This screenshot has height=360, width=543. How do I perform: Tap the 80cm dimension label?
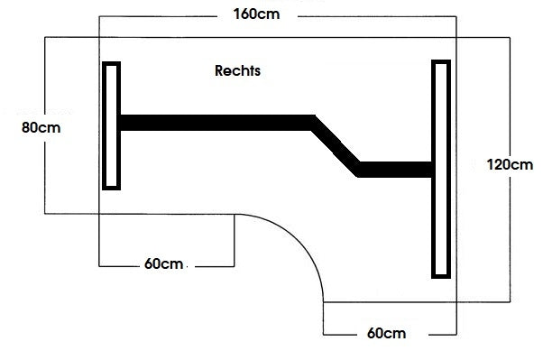tap(41, 127)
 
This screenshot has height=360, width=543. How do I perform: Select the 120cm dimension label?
tap(509, 164)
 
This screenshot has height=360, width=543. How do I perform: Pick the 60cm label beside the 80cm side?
tap(165, 264)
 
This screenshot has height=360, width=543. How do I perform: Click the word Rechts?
tap(238, 69)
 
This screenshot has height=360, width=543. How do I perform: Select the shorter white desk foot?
tap(112, 125)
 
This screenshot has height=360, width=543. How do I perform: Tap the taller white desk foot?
tap(440, 168)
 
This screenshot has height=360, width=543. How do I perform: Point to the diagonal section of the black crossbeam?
tap(336, 144)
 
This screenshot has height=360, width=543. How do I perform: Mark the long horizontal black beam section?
tap(216, 123)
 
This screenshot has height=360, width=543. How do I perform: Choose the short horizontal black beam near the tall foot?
tap(395, 169)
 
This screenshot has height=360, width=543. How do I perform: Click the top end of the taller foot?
tap(440, 63)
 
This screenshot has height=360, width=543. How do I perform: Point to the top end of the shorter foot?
tap(112, 64)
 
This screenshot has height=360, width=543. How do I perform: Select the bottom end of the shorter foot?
tap(112, 187)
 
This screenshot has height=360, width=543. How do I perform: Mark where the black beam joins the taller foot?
tap(431, 169)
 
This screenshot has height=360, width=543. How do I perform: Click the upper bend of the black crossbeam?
tap(313, 123)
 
